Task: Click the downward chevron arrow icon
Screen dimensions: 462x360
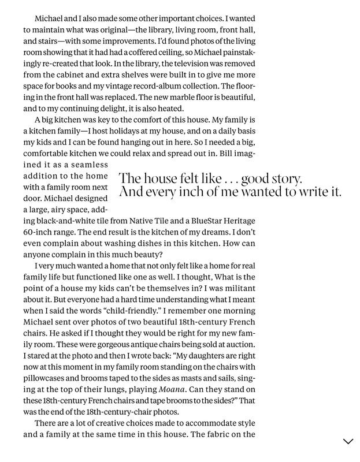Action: [x=348, y=442]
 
